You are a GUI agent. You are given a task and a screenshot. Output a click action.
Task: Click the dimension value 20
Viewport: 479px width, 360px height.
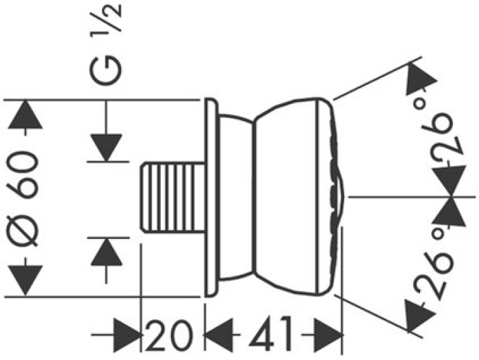pyautogui.click(x=169, y=335)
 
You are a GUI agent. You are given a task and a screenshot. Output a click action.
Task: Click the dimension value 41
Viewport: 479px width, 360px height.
pyautogui.click(x=270, y=334)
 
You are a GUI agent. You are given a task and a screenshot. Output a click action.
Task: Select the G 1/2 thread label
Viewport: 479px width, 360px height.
pyautogui.click(x=106, y=44)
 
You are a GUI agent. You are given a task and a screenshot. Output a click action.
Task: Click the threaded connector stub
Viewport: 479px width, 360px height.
pyautogui.click(x=172, y=198)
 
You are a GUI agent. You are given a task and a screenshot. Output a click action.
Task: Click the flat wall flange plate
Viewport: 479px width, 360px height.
pyautogui.click(x=211, y=197)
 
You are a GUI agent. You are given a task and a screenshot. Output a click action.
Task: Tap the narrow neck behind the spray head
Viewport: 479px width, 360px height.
pyautogui.click(x=236, y=197)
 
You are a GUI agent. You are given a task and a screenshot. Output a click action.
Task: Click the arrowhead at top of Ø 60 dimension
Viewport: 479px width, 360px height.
pyautogui.click(x=25, y=114)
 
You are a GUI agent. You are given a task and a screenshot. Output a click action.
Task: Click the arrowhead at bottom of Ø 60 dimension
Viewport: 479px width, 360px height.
pyautogui.click(x=25, y=281)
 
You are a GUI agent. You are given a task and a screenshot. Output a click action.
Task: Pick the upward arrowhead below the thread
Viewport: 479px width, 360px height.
pyautogui.click(x=106, y=251)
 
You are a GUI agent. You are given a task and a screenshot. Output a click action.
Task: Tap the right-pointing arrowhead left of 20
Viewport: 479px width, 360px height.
pyautogui.click(x=127, y=335)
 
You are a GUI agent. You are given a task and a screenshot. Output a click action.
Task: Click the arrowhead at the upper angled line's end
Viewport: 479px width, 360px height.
pyautogui.click(x=421, y=79)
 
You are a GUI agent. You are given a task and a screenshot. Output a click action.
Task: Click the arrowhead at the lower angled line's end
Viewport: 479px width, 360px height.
pyautogui.click(x=419, y=316)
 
